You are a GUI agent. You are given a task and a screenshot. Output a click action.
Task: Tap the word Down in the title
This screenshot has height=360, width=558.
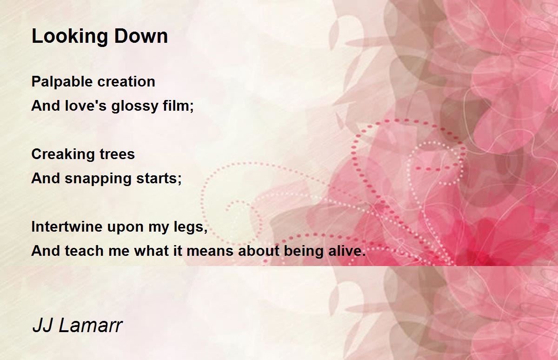point(141,36)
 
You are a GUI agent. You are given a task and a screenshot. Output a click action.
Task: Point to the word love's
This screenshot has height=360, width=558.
point(86,106)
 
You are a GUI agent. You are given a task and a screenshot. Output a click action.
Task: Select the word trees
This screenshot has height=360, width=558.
point(117,154)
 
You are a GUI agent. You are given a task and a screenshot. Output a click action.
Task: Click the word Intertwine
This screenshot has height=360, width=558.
point(67,227)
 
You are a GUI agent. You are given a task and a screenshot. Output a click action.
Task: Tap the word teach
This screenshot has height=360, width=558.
point(84,250)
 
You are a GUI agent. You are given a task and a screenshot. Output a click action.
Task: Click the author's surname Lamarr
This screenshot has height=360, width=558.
point(91,325)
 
